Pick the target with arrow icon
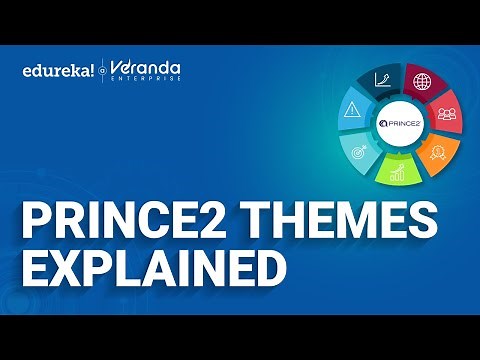tap(358, 151)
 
